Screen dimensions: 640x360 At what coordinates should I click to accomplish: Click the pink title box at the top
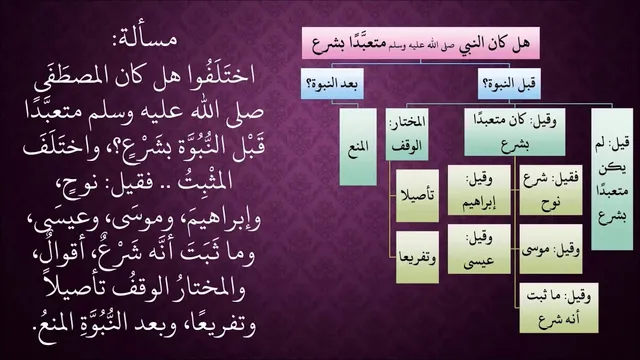421,43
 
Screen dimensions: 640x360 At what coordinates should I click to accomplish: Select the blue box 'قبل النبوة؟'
509,84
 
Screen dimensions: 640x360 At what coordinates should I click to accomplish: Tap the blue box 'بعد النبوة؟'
332,84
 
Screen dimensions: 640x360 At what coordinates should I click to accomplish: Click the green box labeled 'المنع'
358,147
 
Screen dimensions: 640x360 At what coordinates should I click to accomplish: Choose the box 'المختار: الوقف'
407,134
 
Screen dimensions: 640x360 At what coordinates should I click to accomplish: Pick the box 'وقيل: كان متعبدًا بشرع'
515,132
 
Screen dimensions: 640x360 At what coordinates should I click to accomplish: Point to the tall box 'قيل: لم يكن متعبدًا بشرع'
612,179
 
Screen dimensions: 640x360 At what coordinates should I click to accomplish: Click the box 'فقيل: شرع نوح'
551,190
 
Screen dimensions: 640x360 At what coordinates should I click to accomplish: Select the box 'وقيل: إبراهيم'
479,190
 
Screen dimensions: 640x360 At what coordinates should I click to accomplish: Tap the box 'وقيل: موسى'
551,249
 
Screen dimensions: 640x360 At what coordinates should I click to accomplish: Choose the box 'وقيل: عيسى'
479,249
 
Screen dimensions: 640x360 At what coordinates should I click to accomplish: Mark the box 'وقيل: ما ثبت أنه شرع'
559,308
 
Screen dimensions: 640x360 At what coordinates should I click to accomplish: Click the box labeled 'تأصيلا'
417,196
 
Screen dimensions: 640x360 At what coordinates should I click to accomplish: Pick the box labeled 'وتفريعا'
417,257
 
